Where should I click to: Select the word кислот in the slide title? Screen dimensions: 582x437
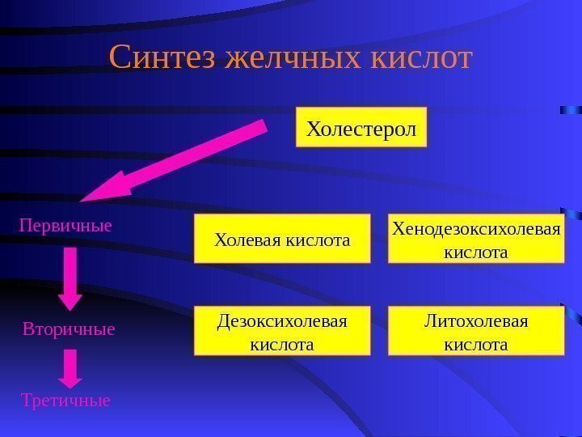point(421,59)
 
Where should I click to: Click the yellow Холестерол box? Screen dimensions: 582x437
point(361,129)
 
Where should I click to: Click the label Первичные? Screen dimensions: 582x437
point(65,225)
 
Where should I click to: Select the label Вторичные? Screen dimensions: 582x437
point(69,330)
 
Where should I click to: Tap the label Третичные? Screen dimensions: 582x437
point(65,400)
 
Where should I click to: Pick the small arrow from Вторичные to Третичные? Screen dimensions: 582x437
point(71,368)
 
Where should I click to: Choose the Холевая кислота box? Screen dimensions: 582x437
point(281,240)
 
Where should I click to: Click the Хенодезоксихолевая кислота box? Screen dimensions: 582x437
point(475,240)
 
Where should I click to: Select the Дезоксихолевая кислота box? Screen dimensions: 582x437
point(281,332)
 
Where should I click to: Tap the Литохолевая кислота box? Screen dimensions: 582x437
point(475,332)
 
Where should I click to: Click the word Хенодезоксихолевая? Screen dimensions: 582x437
point(475,229)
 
